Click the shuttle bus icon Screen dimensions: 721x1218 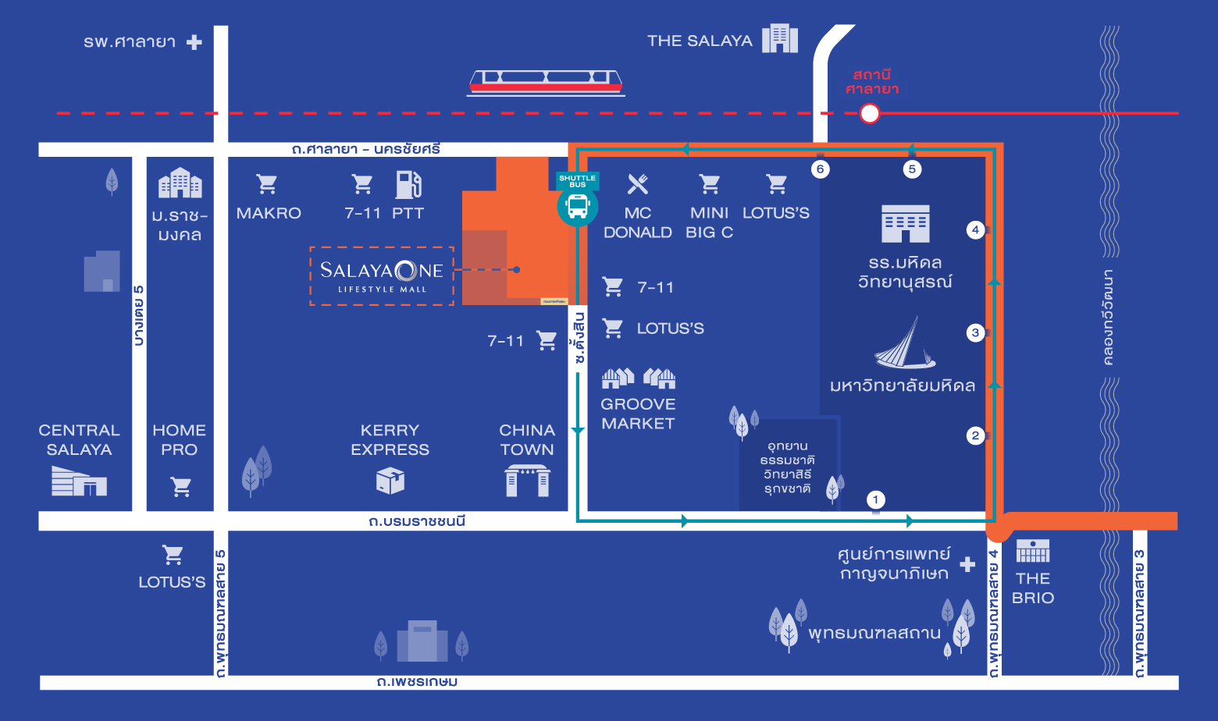pyautogui.click(x=578, y=206)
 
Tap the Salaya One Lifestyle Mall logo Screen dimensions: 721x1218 pyautogui.click(x=382, y=275)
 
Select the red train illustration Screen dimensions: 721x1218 pyautogui.click(x=546, y=82)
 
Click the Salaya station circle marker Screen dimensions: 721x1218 pyautogui.click(x=869, y=114)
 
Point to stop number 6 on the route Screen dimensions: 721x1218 pyautogui.click(x=820, y=169)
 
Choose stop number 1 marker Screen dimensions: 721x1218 pyautogui.click(x=875, y=499)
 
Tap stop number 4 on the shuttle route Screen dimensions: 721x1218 pyautogui.click(x=975, y=229)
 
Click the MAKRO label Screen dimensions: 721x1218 pyautogui.click(x=269, y=213)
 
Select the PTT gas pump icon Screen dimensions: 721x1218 pyautogui.click(x=408, y=185)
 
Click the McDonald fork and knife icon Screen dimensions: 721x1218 pyautogui.click(x=638, y=184)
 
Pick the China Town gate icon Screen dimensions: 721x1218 pyautogui.click(x=527, y=481)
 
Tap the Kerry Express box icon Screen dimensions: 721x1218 pyautogui.click(x=390, y=481)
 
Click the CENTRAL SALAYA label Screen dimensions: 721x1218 pyautogui.click(x=79, y=440)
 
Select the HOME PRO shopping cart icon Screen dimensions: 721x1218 pyautogui.click(x=181, y=487)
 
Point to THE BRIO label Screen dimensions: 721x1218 pyautogui.click(x=1033, y=588)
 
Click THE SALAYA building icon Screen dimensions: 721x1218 pyautogui.click(x=779, y=38)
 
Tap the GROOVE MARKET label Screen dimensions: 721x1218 pyautogui.click(x=638, y=414)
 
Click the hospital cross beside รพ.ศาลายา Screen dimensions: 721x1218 pyautogui.click(x=194, y=42)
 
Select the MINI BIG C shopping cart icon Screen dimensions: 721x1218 pyautogui.click(x=710, y=184)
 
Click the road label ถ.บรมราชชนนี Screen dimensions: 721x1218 pyautogui.click(x=417, y=521)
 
